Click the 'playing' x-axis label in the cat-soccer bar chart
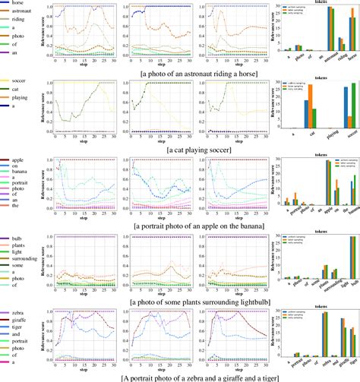point(330,137)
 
